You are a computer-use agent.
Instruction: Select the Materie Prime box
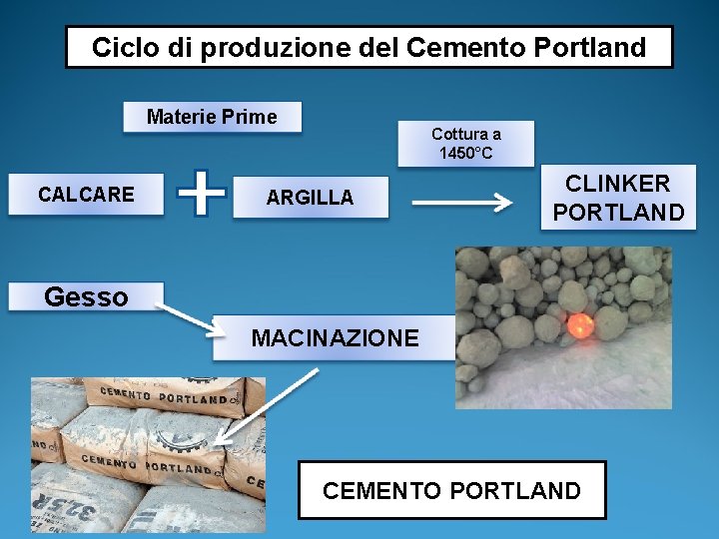tap(212, 117)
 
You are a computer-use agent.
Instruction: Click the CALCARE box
tap(86, 195)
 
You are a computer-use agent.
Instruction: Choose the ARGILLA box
tap(310, 197)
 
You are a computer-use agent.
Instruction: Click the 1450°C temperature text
tap(466, 154)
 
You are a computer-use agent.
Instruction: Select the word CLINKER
tap(618, 184)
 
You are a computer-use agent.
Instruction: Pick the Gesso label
tap(86, 296)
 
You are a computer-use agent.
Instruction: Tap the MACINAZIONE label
tap(335, 338)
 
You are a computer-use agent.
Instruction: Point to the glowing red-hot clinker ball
tap(579, 324)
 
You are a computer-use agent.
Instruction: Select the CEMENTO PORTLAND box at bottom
tap(451, 490)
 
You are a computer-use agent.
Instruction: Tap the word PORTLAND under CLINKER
tap(618, 213)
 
